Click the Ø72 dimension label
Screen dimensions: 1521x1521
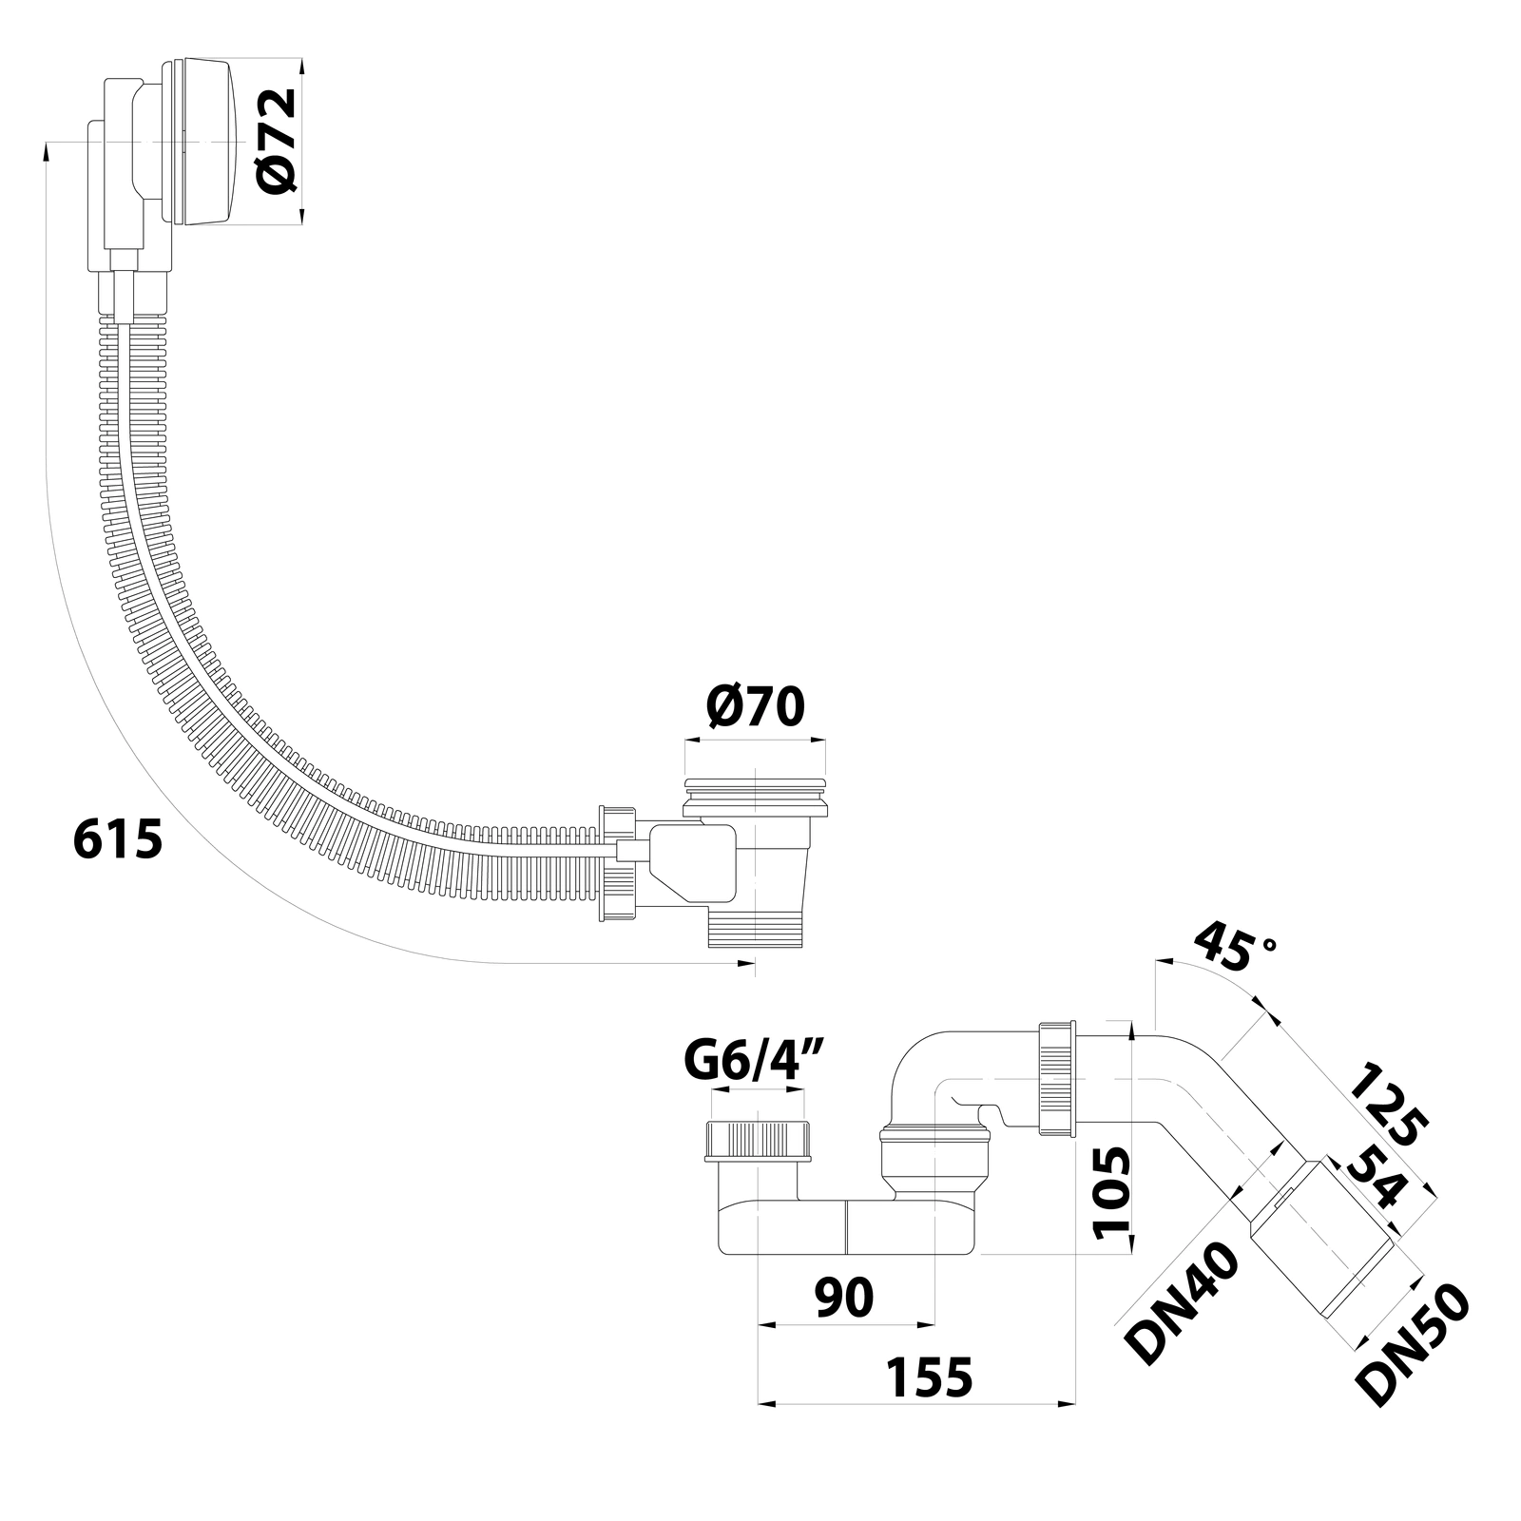point(279,142)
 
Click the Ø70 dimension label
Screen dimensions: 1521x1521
point(756,706)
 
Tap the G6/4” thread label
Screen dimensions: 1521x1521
point(754,1062)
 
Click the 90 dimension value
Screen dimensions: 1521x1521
point(844,1297)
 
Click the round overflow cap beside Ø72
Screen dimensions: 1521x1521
point(203,142)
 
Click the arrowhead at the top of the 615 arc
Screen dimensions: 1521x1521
point(47,150)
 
